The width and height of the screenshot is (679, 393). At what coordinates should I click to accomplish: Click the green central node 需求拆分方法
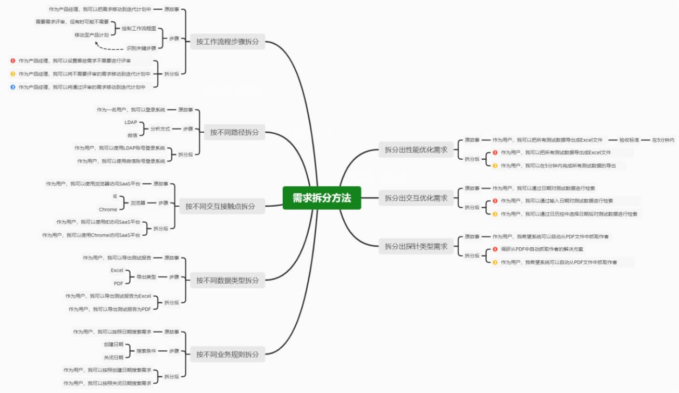point(322,198)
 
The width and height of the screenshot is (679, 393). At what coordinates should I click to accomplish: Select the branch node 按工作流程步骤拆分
point(227,42)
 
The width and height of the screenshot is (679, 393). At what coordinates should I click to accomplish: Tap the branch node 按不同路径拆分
point(234,132)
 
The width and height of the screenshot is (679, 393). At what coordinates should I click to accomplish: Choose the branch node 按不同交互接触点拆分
point(220,206)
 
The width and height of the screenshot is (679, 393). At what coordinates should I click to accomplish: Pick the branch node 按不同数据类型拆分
point(227,281)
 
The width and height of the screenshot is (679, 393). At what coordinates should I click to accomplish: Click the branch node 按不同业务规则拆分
point(227,354)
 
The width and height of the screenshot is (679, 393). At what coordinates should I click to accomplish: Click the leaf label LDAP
point(131,122)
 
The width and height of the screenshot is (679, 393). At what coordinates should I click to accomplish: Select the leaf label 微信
point(132,135)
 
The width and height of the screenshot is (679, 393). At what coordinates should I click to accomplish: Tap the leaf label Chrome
point(108,209)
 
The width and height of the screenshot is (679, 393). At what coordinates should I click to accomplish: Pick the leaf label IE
point(115,196)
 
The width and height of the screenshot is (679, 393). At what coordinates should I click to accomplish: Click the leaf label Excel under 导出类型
point(117,271)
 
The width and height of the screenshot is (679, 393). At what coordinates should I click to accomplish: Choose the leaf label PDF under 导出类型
point(118,283)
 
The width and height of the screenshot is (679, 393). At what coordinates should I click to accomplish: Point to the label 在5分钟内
point(663,140)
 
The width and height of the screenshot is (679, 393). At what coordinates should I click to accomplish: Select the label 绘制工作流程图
point(139,28)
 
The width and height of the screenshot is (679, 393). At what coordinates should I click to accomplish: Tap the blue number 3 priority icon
point(13,87)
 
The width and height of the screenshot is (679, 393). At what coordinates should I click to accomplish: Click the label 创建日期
point(114,345)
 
